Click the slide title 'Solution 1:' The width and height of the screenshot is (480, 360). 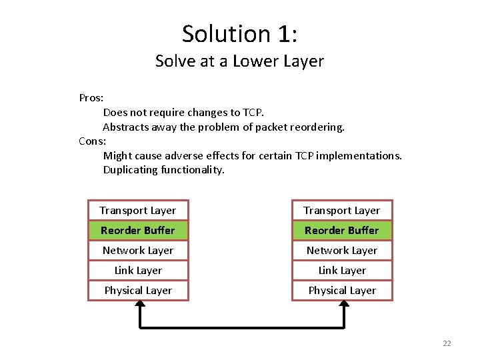point(239,33)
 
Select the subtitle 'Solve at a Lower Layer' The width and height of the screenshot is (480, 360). point(239,61)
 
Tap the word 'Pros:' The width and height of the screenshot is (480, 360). point(91,98)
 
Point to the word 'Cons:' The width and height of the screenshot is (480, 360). point(92,141)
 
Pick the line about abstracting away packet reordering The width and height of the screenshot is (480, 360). point(223,127)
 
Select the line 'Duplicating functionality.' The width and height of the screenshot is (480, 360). point(164,170)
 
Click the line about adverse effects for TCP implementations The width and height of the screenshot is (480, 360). point(252,155)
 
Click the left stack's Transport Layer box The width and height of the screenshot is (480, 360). point(138,211)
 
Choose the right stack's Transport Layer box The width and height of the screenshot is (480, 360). point(342,211)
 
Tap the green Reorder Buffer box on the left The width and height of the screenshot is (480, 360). point(138,231)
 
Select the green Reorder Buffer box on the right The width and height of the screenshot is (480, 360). point(342,231)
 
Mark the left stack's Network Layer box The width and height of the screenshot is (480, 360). point(138,251)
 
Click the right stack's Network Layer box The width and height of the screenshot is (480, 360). point(342,251)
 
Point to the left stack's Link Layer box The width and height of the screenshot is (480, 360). point(138,271)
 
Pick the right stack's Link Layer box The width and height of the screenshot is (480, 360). point(342,271)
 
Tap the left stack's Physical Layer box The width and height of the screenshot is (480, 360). point(138,291)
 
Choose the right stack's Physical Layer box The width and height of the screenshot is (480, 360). point(342,291)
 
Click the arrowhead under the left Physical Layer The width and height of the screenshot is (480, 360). point(140,305)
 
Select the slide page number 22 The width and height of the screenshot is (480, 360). point(447,343)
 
